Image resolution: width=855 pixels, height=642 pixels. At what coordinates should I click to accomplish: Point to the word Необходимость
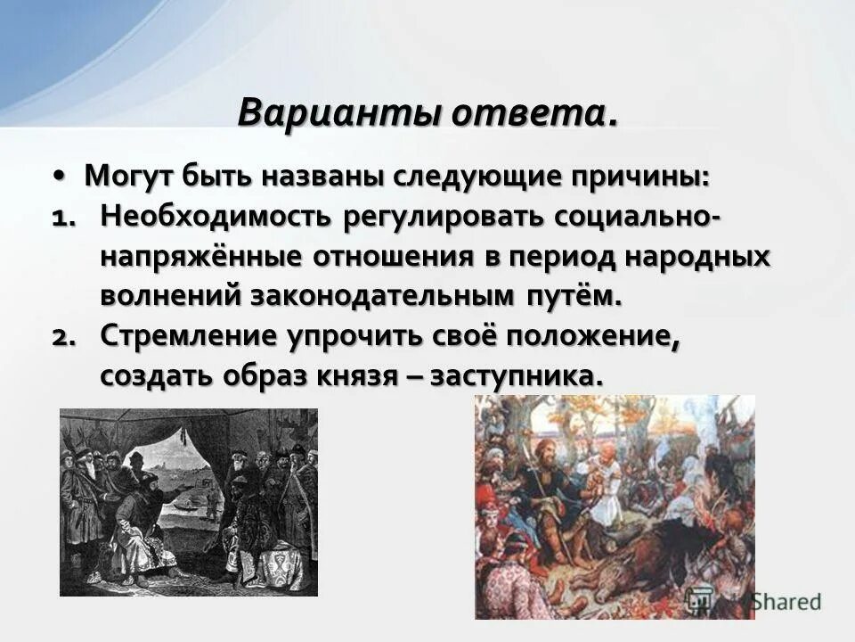point(215,217)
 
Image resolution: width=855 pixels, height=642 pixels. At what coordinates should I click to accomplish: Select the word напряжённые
point(200,257)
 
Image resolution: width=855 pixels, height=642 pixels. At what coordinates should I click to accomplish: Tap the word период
point(574,257)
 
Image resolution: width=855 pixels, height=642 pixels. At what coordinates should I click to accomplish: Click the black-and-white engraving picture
point(188,502)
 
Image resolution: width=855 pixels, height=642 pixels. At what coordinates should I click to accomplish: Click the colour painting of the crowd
point(614,506)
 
